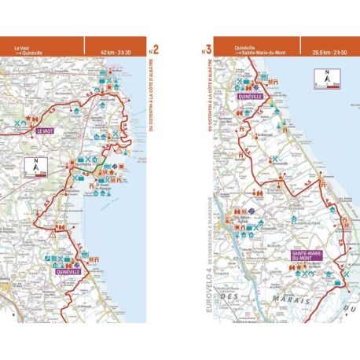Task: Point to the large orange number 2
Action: tap(155, 50)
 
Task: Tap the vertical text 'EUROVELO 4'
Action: tap(207, 284)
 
